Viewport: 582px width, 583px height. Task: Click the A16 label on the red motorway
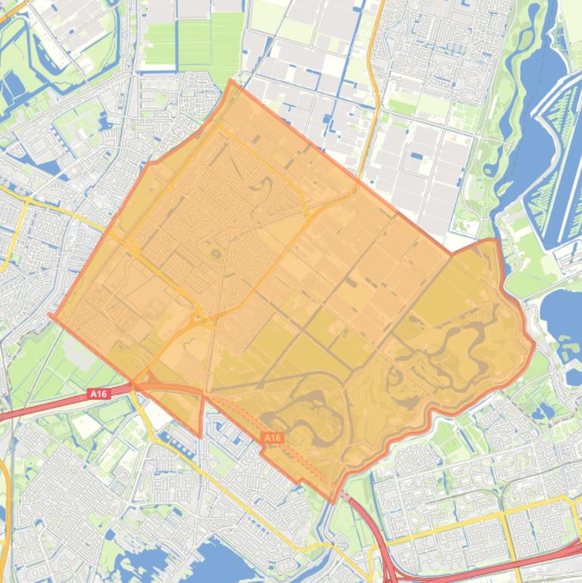pos(98,393)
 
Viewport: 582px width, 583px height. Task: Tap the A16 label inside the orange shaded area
pos(272,438)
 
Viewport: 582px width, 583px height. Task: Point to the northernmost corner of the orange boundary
pos(230,80)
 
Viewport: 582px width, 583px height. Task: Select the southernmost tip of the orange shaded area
pos(333,502)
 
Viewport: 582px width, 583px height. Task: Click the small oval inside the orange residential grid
pos(217,254)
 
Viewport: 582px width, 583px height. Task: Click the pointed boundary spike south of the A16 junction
pos(200,436)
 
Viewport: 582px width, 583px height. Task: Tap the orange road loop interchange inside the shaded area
pos(199,318)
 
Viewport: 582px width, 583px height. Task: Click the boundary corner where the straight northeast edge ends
pos(451,254)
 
